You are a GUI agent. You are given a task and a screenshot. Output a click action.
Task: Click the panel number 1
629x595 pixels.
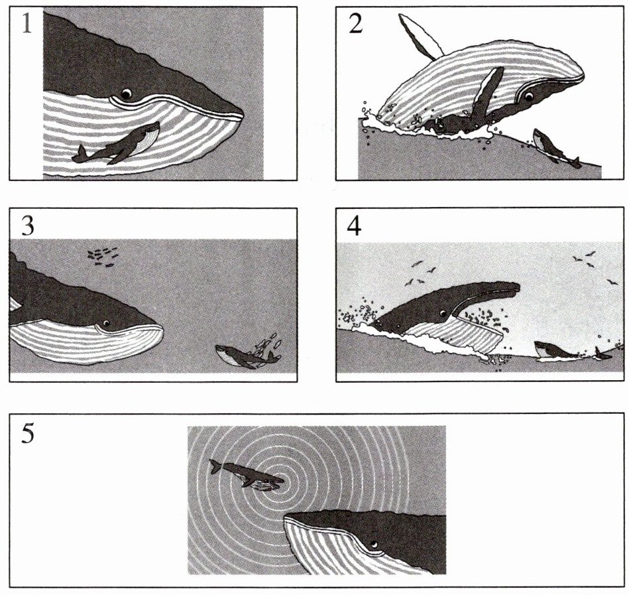[27, 24]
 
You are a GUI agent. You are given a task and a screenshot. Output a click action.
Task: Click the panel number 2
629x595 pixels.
[356, 24]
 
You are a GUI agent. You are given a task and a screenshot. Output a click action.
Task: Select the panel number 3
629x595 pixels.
[27, 226]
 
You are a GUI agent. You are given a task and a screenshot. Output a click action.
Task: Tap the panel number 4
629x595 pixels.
[354, 226]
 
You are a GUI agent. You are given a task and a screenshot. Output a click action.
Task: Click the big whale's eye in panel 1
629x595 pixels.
[127, 94]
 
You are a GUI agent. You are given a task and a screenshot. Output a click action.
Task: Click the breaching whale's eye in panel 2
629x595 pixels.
[529, 96]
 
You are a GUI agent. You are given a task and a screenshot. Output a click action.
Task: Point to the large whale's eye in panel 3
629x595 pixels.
[106, 322]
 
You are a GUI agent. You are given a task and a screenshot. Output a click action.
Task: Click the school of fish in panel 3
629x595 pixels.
[103, 256]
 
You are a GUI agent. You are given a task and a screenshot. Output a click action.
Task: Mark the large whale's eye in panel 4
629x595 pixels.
[443, 313]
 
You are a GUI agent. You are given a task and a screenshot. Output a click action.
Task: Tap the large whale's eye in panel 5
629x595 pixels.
[374, 544]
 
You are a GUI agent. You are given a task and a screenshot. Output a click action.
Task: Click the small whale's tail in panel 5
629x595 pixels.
[216, 466]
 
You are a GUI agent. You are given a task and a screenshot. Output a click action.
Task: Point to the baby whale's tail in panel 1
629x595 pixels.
[80, 154]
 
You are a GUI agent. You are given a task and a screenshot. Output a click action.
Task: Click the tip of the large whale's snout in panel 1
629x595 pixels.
[243, 113]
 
